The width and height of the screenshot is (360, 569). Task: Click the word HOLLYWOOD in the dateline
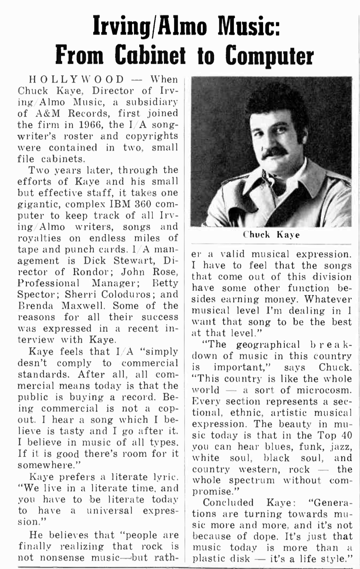tap(77, 80)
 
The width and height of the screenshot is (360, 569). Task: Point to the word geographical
tap(268, 345)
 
